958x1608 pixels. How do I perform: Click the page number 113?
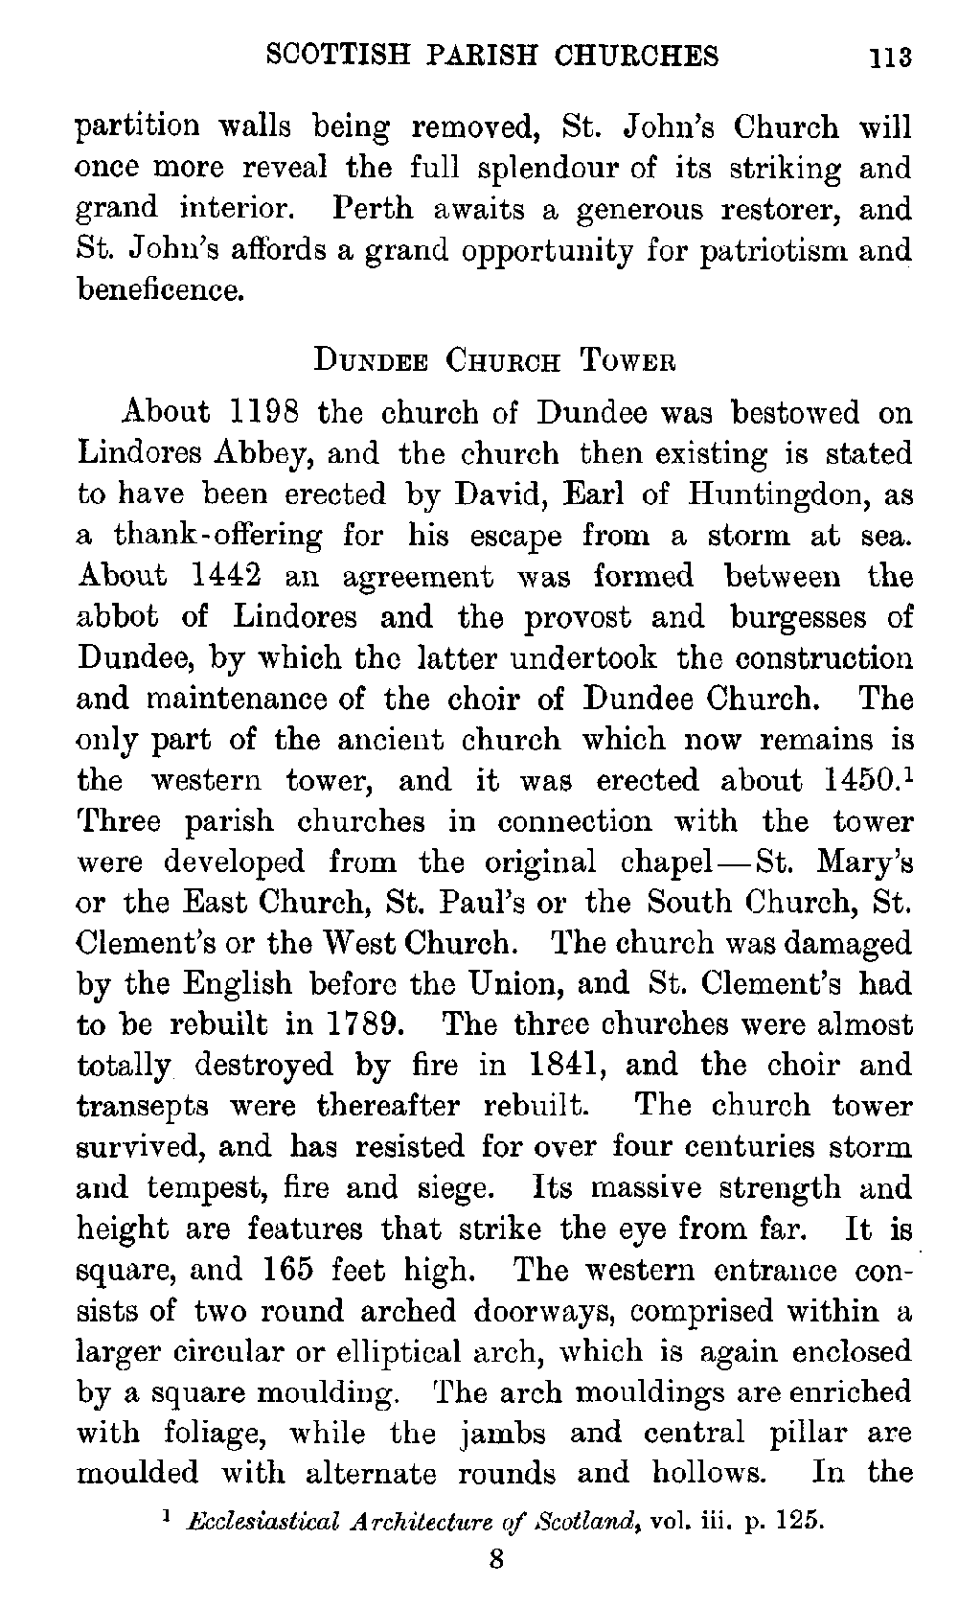tap(889, 57)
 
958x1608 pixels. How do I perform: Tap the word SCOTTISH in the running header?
tap(322, 56)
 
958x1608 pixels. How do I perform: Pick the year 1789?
tap(365, 1024)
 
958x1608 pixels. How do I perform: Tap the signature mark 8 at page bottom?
tap(496, 1560)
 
